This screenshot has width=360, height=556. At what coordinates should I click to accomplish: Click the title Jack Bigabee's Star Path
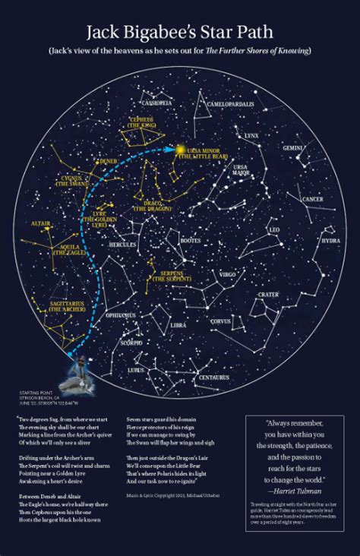coord(179,31)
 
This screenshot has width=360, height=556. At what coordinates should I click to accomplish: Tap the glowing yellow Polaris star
coord(181,150)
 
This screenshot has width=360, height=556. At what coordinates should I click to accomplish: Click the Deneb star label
coord(108,161)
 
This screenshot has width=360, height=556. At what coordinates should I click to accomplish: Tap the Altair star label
coord(41,223)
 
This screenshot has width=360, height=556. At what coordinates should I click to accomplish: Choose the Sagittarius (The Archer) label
coord(66,307)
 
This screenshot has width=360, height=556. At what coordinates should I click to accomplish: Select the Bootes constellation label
coord(190,241)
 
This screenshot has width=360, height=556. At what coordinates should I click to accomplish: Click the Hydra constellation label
coord(330,240)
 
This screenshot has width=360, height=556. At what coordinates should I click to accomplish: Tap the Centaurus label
coord(213,377)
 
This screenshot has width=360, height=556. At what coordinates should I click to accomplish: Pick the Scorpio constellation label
coord(131,342)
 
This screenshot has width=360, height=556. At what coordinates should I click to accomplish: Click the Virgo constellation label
coord(228,273)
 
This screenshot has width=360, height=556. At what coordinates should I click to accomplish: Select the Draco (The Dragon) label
coord(150,207)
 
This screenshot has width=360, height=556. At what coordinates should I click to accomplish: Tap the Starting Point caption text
coord(41,395)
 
